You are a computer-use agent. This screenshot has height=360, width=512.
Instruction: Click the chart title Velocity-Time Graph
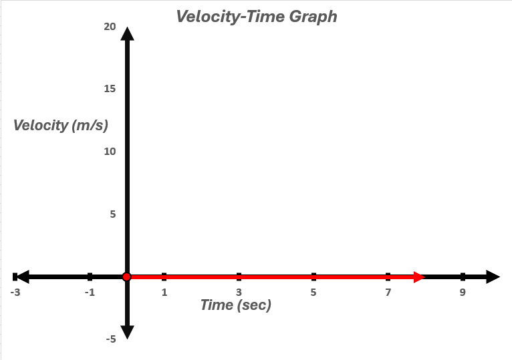pyautogui.click(x=257, y=17)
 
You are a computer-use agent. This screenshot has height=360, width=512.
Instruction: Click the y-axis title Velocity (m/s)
pyautogui.click(x=60, y=125)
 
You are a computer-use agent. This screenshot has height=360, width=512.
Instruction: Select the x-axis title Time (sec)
pyautogui.click(x=236, y=305)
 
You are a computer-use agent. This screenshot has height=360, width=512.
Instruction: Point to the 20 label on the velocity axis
pyautogui.click(x=110, y=27)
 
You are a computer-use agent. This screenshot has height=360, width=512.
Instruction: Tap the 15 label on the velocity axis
pyautogui.click(x=110, y=89)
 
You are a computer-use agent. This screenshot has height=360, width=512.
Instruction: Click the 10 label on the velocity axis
pyautogui.click(x=110, y=152)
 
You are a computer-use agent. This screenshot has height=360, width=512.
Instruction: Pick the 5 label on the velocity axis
pyautogui.click(x=112, y=214)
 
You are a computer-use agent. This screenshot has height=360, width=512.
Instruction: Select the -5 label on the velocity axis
pyautogui.click(x=110, y=339)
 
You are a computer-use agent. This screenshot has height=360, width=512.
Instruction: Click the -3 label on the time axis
pyautogui.click(x=15, y=292)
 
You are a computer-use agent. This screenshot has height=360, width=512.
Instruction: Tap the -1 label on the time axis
pyautogui.click(x=90, y=292)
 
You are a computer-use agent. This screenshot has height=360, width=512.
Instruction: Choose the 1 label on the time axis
pyautogui.click(x=164, y=292)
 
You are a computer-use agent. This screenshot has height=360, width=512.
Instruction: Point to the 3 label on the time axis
pyautogui.click(x=239, y=292)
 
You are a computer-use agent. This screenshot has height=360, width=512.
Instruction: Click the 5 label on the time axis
pyautogui.click(x=313, y=292)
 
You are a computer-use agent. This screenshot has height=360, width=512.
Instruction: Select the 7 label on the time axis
pyautogui.click(x=388, y=292)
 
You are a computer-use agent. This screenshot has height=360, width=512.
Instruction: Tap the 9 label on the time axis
pyautogui.click(x=463, y=292)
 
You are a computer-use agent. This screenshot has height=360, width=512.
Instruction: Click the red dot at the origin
pyautogui.click(x=127, y=277)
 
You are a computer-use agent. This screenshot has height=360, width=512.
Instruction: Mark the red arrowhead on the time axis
pyautogui.click(x=419, y=277)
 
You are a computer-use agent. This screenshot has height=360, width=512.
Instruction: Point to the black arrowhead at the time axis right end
pyautogui.click(x=492, y=277)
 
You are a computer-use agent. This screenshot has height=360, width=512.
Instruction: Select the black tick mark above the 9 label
pyautogui.click(x=463, y=277)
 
